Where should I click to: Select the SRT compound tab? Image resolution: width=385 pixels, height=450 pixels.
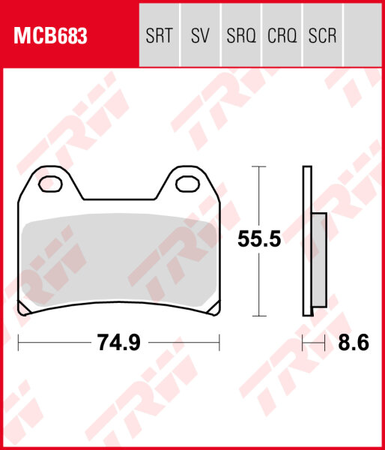pos(160,35)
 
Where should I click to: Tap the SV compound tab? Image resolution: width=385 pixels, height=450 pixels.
pos(199,35)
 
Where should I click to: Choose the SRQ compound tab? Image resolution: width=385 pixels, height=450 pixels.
pos(240,35)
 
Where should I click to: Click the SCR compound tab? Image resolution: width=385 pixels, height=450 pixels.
pos(322,35)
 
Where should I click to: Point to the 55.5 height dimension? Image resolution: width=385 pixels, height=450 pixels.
pos(258,240)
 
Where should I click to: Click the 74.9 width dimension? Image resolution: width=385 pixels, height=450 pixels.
pos(118,343)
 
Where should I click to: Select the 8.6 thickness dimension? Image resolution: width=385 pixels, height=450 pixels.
pos(354,343)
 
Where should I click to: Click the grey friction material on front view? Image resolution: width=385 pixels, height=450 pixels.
pos(118,262)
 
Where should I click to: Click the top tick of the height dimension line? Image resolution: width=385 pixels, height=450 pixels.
pos(258,166)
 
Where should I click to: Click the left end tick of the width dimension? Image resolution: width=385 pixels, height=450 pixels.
pos(18,343)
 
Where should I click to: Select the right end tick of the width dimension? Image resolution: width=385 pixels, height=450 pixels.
pos(219,343)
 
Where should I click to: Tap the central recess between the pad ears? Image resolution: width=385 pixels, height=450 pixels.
pos(119,191)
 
